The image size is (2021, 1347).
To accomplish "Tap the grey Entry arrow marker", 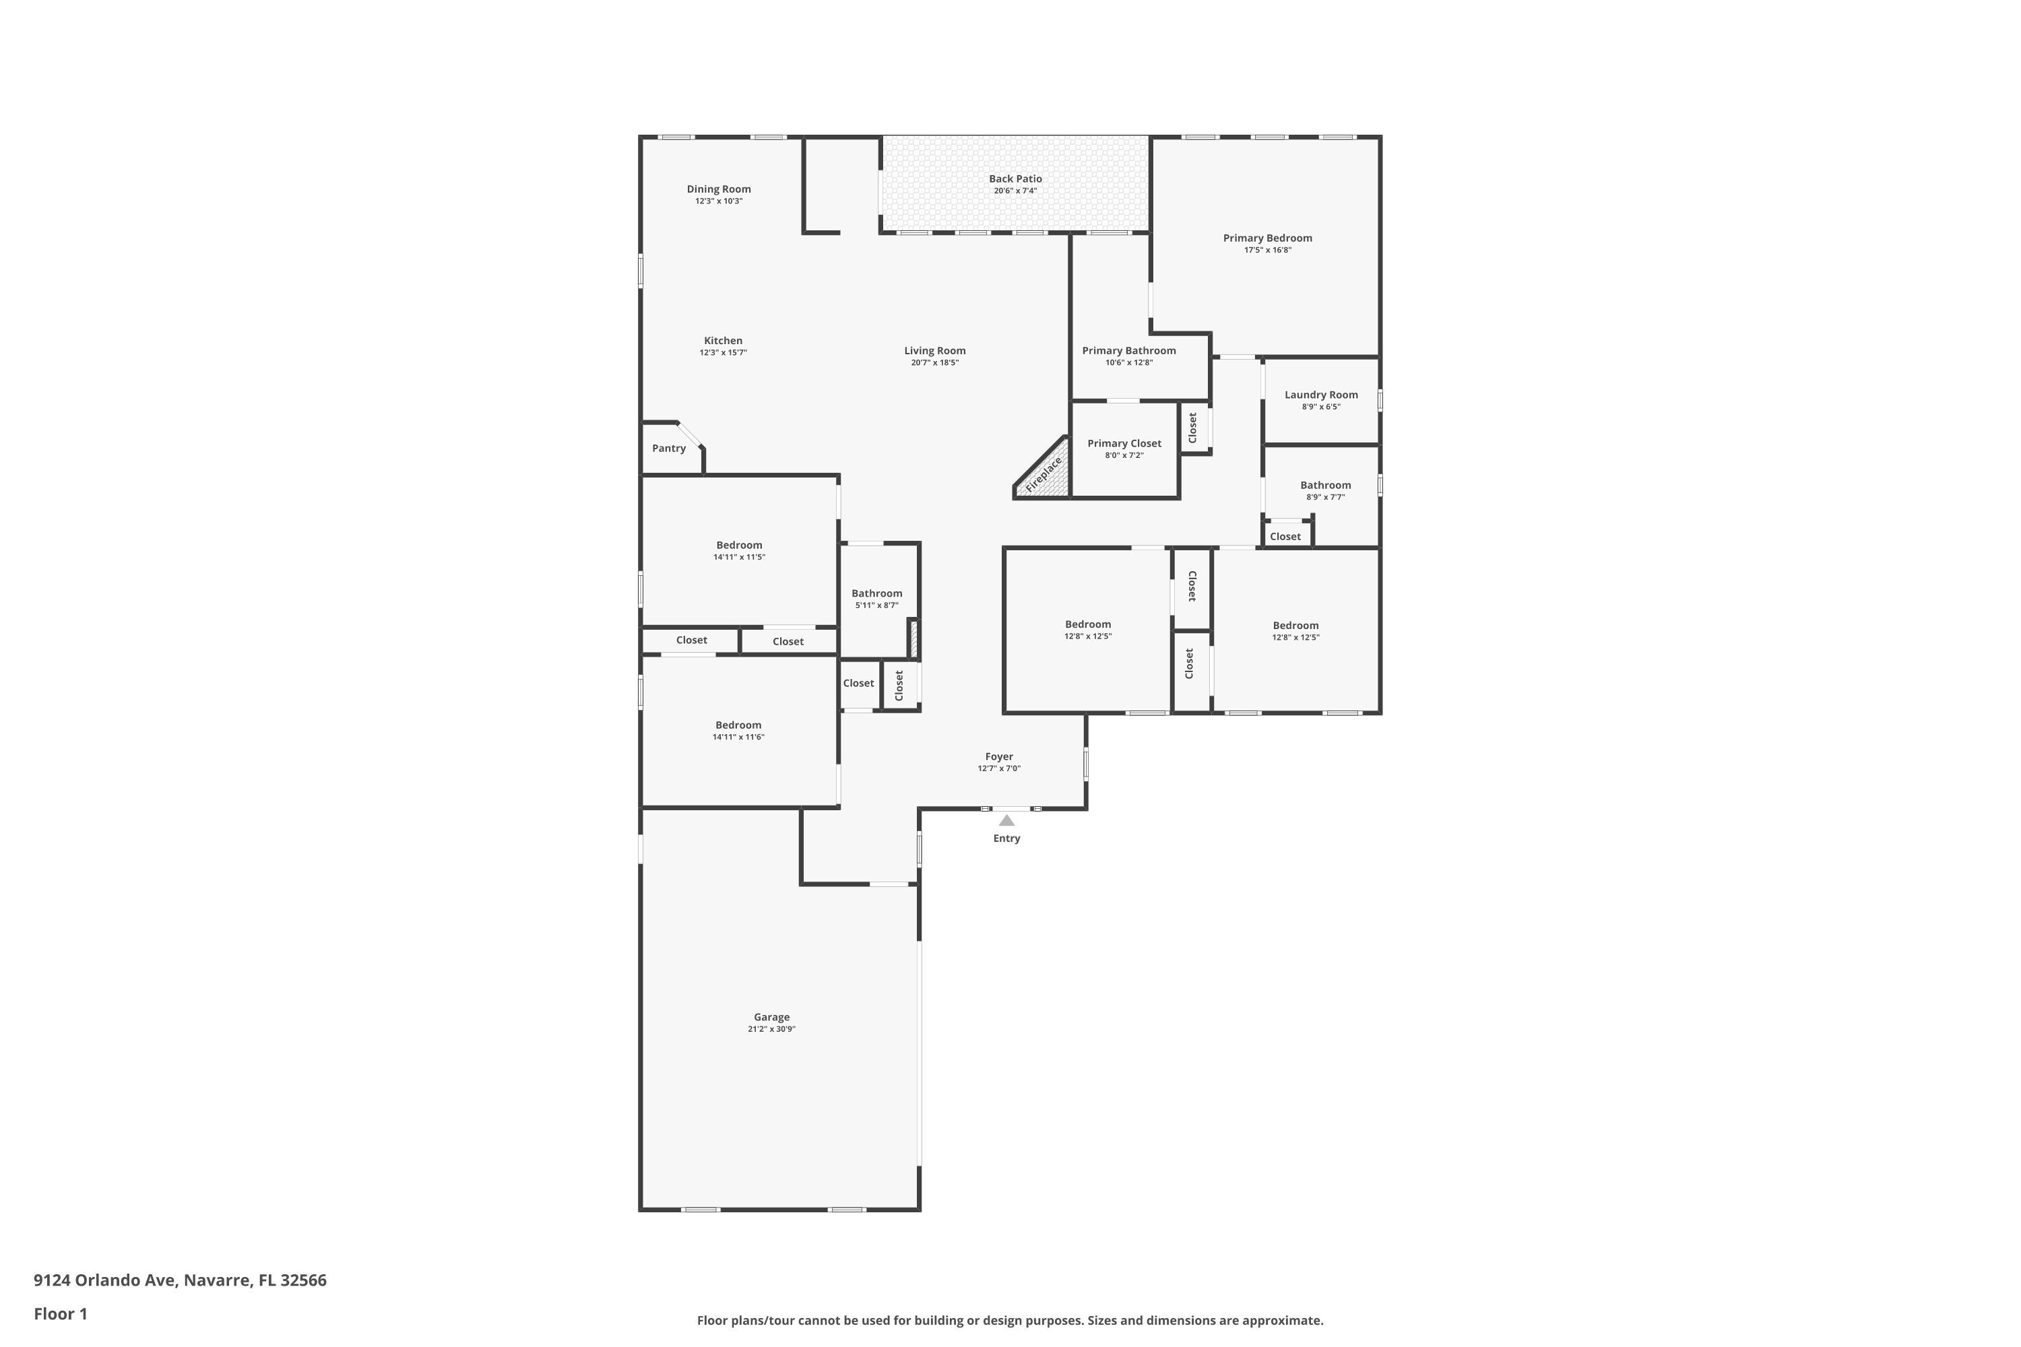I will (1006, 820).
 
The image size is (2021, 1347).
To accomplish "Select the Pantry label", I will (668, 449).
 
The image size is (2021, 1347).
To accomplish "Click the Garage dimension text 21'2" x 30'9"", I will (771, 1029).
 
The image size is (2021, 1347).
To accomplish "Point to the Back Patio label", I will (1015, 178).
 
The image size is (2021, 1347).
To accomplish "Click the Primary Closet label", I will (1124, 443).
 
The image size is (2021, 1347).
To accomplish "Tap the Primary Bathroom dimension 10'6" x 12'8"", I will (1128, 362).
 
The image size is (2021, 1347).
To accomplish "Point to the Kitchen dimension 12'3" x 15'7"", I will (723, 352).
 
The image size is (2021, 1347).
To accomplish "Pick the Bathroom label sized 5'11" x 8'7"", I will (876, 593).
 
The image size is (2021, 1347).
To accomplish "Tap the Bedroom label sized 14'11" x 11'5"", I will (739, 546).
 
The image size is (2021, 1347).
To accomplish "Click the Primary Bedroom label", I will (1267, 238).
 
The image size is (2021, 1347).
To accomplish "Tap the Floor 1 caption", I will (60, 1313).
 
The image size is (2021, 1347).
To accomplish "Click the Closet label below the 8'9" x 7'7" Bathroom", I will (1285, 537).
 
